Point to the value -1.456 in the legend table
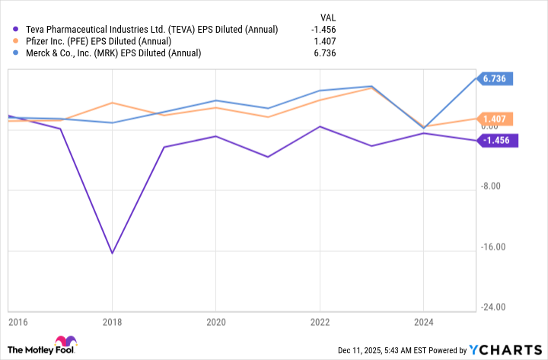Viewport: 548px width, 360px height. (323, 30)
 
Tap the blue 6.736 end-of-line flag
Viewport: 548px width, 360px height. (495, 78)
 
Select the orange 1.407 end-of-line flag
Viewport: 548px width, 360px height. (495, 119)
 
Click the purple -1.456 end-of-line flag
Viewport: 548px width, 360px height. (497, 140)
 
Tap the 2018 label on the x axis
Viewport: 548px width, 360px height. (113, 321)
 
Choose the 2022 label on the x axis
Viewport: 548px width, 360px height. (318, 321)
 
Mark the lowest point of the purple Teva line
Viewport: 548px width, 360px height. (113, 253)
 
